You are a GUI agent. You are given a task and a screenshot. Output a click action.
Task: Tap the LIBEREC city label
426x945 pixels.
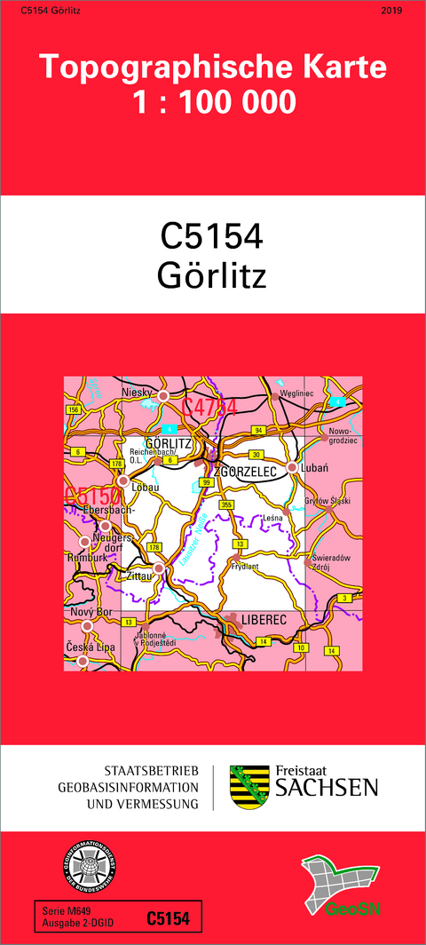[264, 618]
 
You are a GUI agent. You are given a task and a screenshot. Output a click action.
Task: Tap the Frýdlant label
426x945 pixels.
[245, 565]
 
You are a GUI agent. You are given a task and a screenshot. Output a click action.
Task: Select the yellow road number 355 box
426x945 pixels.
[227, 504]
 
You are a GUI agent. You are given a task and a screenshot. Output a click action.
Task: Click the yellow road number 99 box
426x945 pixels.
[207, 481]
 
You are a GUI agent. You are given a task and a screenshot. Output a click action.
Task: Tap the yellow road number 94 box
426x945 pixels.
[258, 430]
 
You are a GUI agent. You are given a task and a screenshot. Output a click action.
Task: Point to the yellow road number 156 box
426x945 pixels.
[74, 409]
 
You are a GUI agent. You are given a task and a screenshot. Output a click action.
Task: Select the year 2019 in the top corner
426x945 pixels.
[390, 11]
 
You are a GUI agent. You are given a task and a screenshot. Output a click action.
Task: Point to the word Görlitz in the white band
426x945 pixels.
[212, 276]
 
